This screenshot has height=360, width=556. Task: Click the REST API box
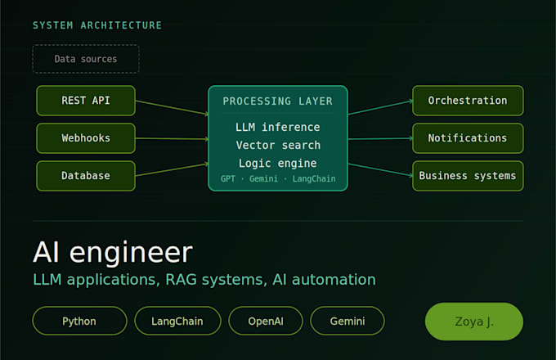point(86,101)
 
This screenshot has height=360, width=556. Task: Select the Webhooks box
point(86,138)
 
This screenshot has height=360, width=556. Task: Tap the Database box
point(86,176)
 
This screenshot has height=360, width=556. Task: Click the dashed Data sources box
point(86,59)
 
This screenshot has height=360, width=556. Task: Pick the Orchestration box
point(468,101)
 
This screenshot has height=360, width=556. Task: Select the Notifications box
point(468,138)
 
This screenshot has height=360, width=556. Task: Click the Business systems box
point(468,176)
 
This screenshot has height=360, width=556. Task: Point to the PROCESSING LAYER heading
point(278,101)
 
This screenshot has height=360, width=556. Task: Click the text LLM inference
point(278,127)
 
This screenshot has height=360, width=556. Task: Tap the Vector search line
point(278,145)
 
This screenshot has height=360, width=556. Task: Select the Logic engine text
point(278,164)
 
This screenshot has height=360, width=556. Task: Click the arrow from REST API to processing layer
point(172,107)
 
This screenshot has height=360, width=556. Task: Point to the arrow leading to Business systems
point(380,169)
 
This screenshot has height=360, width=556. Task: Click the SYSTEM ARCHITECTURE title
point(97,25)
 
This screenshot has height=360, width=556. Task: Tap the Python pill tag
point(79,321)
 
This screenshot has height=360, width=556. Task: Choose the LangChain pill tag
point(177,321)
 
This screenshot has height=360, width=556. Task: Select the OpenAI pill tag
point(266,321)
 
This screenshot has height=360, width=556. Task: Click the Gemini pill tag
point(347,321)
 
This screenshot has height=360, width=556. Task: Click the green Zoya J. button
point(474,322)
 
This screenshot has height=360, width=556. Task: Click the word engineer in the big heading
point(131,254)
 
